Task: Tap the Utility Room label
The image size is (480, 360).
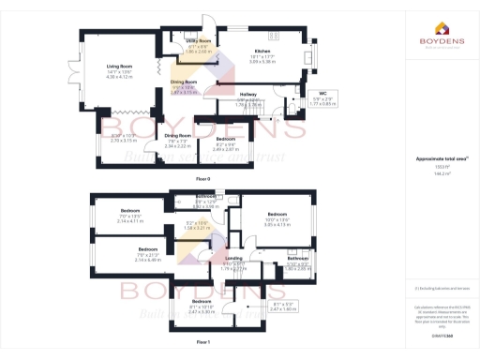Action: [x=197, y=42]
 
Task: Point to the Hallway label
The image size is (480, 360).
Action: [x=248, y=95]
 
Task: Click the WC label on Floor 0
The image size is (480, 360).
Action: [x=322, y=94]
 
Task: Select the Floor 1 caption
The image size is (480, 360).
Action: [x=203, y=342]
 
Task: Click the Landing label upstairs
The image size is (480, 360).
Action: [x=234, y=258]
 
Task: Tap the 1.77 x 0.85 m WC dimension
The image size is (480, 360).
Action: [x=322, y=104]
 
